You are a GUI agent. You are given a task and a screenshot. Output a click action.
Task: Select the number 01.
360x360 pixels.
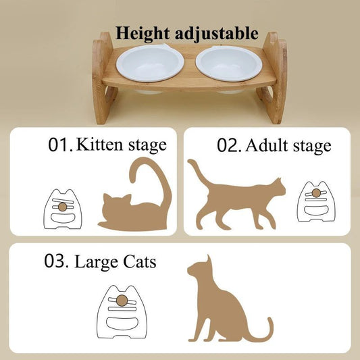point(60,145)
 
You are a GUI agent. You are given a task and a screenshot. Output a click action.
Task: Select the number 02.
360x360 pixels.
point(229,145)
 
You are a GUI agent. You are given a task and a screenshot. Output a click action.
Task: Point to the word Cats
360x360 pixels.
point(138,261)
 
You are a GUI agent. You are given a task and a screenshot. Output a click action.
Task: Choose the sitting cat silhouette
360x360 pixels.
point(223,304)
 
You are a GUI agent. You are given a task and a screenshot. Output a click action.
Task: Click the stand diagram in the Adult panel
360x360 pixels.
point(315,201)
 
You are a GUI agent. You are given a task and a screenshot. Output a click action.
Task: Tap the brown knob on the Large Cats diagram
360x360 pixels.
point(122,299)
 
